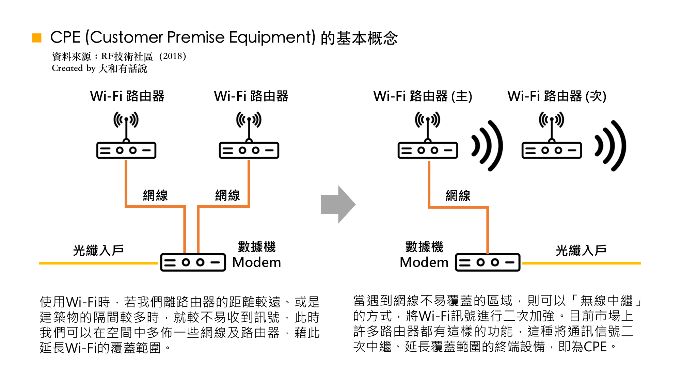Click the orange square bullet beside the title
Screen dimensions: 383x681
point(37,38)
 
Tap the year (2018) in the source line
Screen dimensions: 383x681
point(173,56)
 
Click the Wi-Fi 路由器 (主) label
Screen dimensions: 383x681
point(423,96)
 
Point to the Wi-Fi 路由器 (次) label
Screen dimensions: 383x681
point(557,96)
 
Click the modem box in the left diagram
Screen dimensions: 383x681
point(193,262)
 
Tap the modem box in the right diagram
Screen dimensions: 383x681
point(488,262)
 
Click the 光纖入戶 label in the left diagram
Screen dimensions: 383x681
point(98,251)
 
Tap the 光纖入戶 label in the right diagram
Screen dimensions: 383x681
point(581,251)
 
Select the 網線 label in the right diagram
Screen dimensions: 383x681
point(458,196)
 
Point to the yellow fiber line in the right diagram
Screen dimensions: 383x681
point(581,263)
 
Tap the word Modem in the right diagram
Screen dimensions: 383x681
point(424,262)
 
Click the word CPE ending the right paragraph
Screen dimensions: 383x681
point(595,347)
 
